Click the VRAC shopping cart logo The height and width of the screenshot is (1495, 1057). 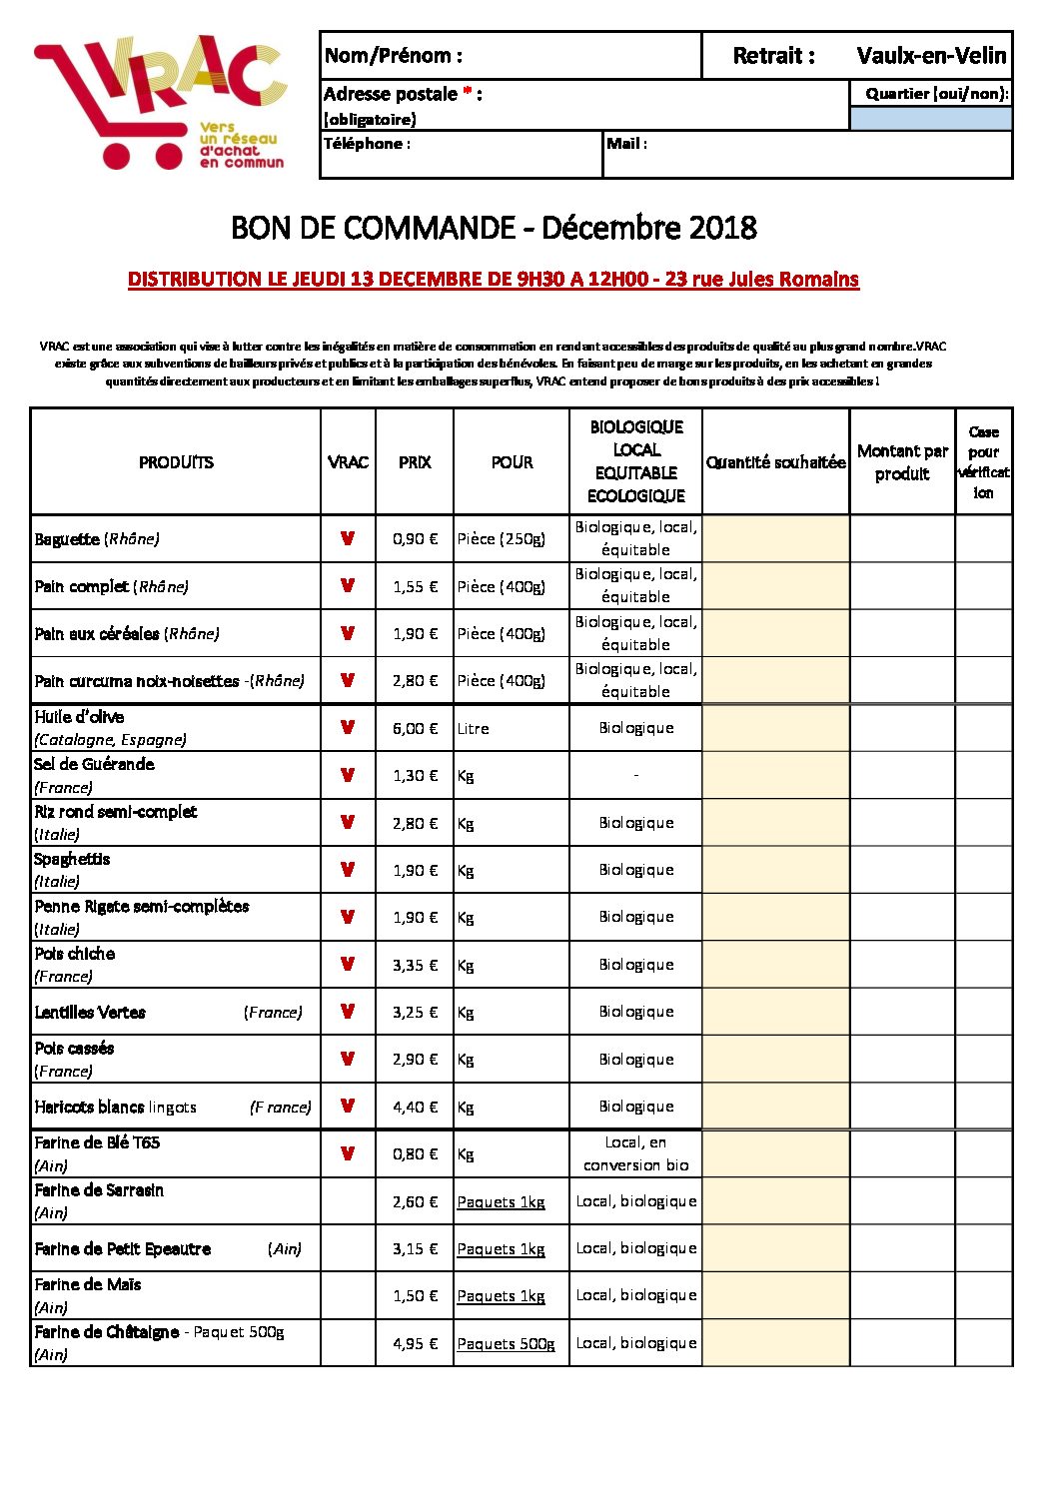pyautogui.click(x=160, y=103)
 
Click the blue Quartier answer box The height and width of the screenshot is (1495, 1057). pyautogui.click(x=930, y=119)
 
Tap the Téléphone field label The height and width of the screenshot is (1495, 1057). pyautogui.click(x=367, y=144)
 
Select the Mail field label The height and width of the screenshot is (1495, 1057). pyautogui.click(x=626, y=144)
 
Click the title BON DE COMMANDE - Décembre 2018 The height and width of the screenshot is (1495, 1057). pyautogui.click(x=494, y=228)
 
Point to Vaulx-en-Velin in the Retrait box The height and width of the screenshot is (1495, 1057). pyautogui.click(x=931, y=56)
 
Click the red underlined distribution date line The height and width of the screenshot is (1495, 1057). pyautogui.click(x=494, y=280)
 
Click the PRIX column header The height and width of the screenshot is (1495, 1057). pyautogui.click(x=415, y=462)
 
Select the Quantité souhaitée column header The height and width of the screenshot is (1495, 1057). pyautogui.click(x=775, y=462)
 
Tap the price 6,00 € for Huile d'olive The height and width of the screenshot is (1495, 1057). pyautogui.click(x=415, y=729)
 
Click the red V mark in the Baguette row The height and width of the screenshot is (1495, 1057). pyautogui.click(x=348, y=538)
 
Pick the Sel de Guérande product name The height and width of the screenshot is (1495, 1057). pyautogui.click(x=95, y=765)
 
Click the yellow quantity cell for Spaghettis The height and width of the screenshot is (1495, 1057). pyautogui.click(x=775, y=870)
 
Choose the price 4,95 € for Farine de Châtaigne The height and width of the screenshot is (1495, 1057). pyautogui.click(x=415, y=1343)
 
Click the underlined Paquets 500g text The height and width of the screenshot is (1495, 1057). pyautogui.click(x=506, y=1344)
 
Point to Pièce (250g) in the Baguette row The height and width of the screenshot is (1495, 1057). pyautogui.click(x=502, y=539)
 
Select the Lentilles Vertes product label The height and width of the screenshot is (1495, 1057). pyautogui.click(x=90, y=1013)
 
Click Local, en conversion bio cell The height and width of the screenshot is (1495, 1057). pyautogui.click(x=635, y=1153)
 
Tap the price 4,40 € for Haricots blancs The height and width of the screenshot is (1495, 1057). pyautogui.click(x=415, y=1107)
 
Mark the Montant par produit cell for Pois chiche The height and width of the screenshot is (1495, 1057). pyautogui.click(x=902, y=965)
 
